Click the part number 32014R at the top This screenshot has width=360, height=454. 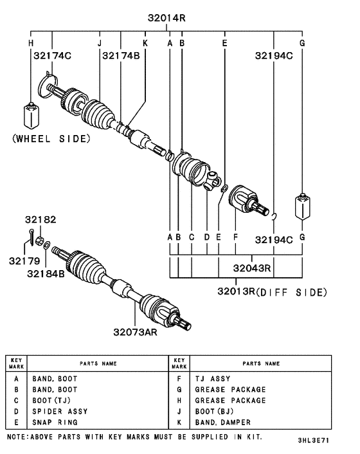(166, 19)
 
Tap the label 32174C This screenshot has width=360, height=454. (52, 56)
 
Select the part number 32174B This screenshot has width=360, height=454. (120, 56)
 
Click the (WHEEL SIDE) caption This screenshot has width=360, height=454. (51, 138)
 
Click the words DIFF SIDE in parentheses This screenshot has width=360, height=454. (296, 293)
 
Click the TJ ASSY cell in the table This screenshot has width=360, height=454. (212, 379)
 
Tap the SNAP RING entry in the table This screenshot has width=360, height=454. (55, 422)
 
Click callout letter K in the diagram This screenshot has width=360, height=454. (145, 43)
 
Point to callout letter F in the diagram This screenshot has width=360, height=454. (236, 237)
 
